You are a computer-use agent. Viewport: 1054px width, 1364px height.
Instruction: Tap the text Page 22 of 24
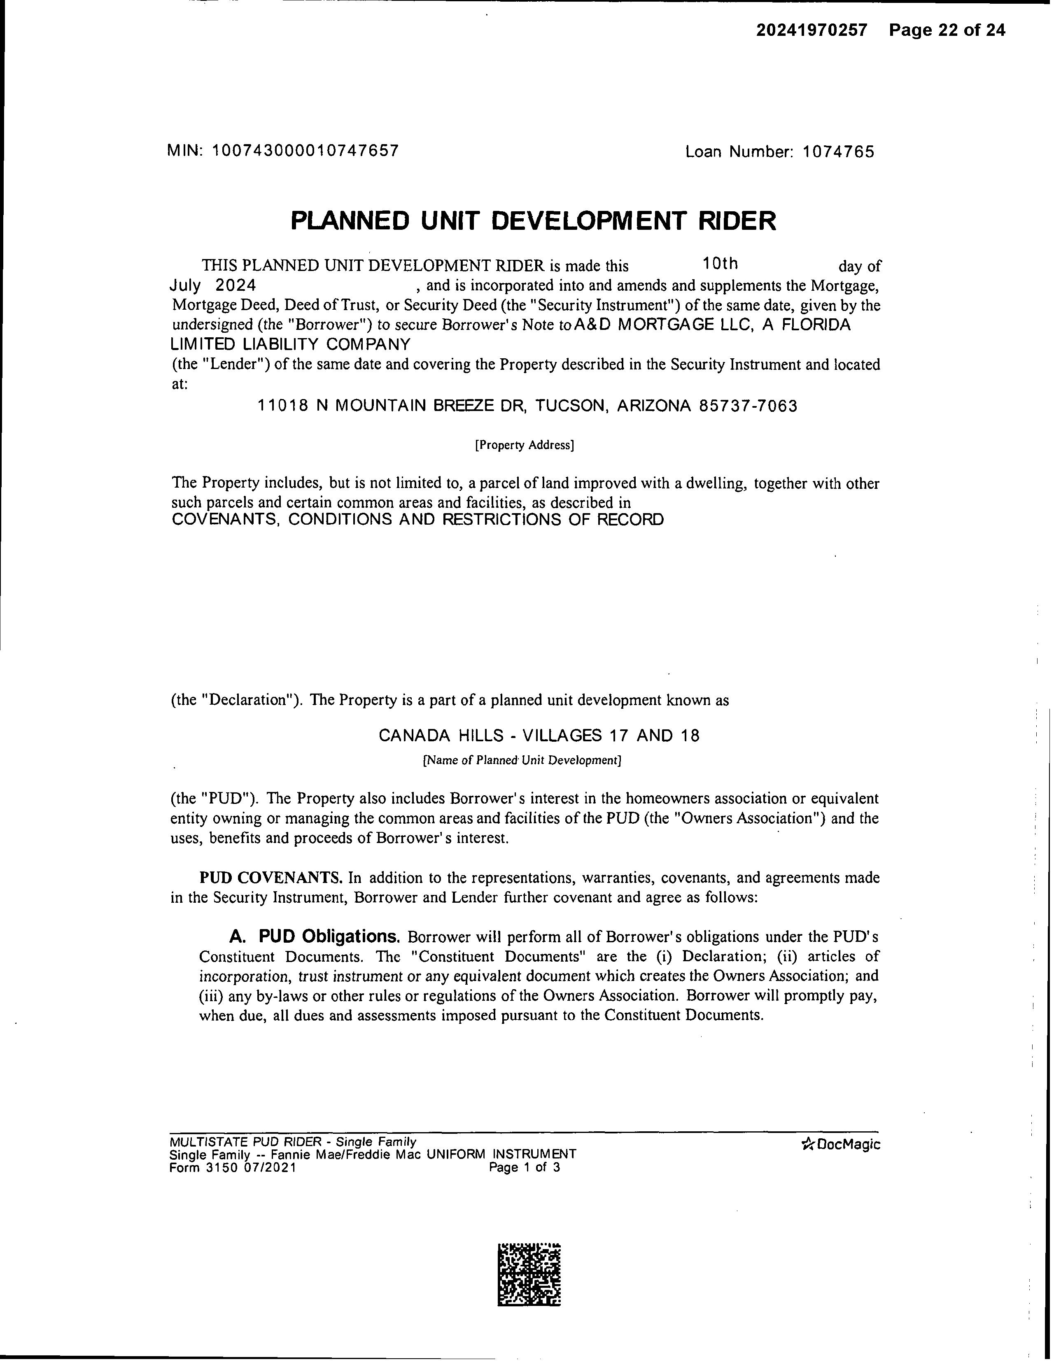pyautogui.click(x=947, y=30)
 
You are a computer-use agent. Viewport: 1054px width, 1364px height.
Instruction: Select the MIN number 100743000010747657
pyautogui.click(x=305, y=150)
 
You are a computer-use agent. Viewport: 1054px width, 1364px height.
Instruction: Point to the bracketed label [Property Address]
pyautogui.click(x=525, y=445)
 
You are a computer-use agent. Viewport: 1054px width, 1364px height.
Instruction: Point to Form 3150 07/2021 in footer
pyautogui.click(x=232, y=1167)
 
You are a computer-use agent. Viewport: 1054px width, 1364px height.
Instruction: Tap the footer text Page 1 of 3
pyautogui.click(x=525, y=1167)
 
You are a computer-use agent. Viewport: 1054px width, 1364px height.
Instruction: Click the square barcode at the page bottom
pyautogui.click(x=529, y=1275)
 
